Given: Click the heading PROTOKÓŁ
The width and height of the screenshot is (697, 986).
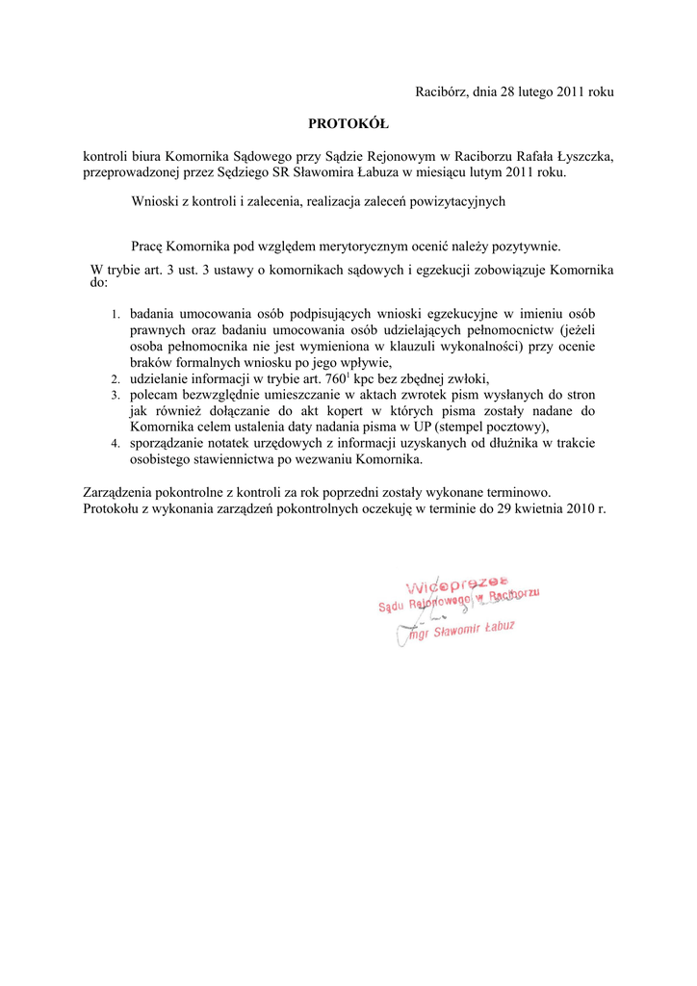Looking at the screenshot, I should (x=348, y=123).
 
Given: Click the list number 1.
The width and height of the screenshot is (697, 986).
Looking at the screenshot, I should (x=114, y=315).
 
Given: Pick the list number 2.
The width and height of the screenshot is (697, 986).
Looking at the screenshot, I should (x=114, y=379).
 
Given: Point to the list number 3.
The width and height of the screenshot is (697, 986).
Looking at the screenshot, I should (x=114, y=396).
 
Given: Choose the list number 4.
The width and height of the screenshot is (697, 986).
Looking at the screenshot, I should (x=114, y=444).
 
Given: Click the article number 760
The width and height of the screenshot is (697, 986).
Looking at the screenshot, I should (x=337, y=378).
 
